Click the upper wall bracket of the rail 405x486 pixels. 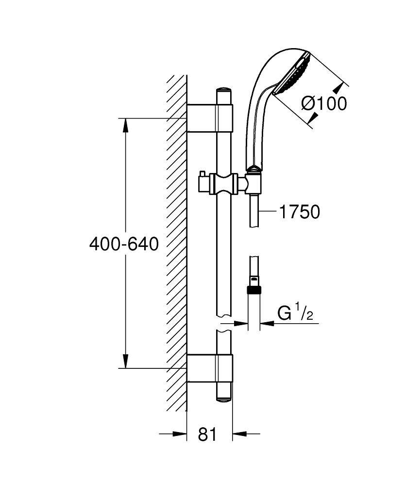pos(210,118)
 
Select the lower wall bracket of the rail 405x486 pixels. pos(210,368)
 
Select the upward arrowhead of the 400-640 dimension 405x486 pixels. pos(125,124)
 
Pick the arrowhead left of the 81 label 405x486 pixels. pos(180,434)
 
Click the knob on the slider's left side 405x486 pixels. pos(203,183)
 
